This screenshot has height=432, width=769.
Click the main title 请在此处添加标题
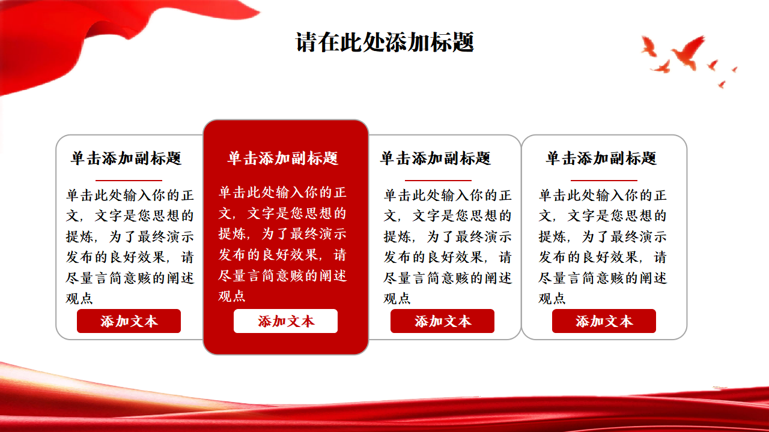tap(384, 42)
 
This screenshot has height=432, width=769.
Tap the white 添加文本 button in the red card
tap(285, 321)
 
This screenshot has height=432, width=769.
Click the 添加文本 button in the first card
tap(129, 321)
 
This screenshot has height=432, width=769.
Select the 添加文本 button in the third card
tap(442, 321)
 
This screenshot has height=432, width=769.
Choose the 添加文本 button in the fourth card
tap(604, 321)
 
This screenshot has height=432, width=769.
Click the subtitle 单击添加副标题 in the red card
tap(283, 158)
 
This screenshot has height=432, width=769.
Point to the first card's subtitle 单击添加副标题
tap(126, 158)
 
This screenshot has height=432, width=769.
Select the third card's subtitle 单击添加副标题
tap(436, 158)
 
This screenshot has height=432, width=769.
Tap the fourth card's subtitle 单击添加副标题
tap(601, 158)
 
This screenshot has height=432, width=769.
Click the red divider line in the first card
tap(129, 180)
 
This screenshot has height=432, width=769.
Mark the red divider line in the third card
tap(438, 180)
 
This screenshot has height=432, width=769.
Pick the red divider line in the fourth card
tap(604, 180)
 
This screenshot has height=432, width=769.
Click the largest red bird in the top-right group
tap(688, 52)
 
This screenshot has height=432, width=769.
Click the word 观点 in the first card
tap(79, 299)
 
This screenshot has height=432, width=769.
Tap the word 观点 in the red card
tap(232, 296)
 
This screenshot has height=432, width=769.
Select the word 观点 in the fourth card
tap(552, 299)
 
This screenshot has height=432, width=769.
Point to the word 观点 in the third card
tap(397, 299)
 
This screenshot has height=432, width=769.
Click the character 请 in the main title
tap(306, 42)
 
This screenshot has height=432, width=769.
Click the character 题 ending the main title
tap(463, 42)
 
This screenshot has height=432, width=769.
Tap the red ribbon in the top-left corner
tap(68, 38)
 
